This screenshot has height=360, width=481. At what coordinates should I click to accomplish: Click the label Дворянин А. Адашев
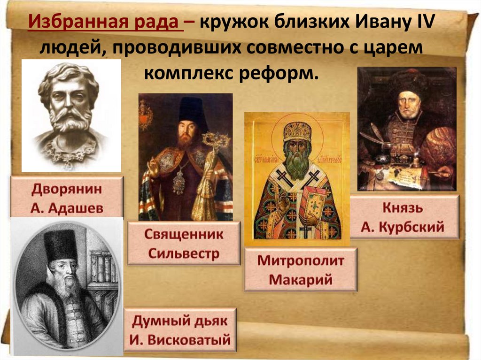(x=68, y=198)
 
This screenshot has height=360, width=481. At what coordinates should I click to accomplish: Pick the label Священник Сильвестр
(x=184, y=244)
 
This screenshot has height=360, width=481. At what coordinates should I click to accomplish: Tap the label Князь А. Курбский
(x=403, y=217)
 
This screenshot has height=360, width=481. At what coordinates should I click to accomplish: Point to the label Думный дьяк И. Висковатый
(x=180, y=330)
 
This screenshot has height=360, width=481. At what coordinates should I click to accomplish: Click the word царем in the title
(x=393, y=49)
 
